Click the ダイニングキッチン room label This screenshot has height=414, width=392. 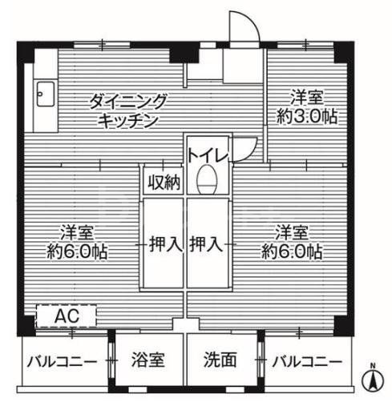(x=127, y=111)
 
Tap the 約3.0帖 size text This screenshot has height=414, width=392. (x=308, y=117)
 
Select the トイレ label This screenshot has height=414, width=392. (x=209, y=153)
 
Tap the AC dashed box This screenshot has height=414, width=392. (x=67, y=316)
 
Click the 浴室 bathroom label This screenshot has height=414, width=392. (x=148, y=360)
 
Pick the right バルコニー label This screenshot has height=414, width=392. (x=305, y=360)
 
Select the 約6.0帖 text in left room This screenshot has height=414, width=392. (x=78, y=251)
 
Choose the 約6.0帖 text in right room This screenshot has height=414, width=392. (x=292, y=251)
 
